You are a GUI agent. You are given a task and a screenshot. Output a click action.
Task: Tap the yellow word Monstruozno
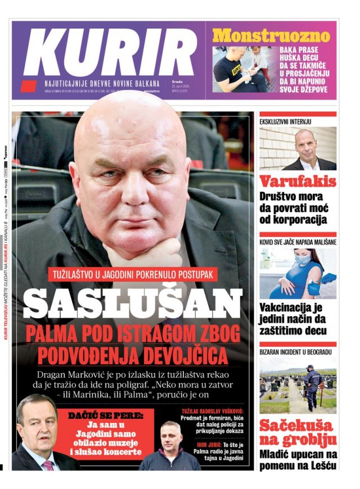click(x=271, y=36)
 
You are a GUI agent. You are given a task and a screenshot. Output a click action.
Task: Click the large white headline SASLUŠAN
click(x=133, y=303)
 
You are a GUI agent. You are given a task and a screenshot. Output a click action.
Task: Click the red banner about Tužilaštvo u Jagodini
click(x=133, y=275)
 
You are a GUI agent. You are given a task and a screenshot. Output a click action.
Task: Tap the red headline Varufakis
click(x=298, y=181)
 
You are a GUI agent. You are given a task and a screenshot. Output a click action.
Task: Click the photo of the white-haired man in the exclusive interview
click(x=298, y=148)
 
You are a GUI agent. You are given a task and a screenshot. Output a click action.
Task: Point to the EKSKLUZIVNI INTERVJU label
click(x=285, y=121)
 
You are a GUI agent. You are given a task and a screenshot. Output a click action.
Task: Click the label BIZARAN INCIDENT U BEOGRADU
click(x=295, y=352)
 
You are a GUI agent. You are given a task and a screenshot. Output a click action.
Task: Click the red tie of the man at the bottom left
click(x=48, y=465)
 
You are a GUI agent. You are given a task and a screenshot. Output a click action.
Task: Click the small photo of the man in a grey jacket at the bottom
click(x=170, y=450)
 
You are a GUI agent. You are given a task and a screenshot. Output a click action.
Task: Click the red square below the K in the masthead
click(x=28, y=86)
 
